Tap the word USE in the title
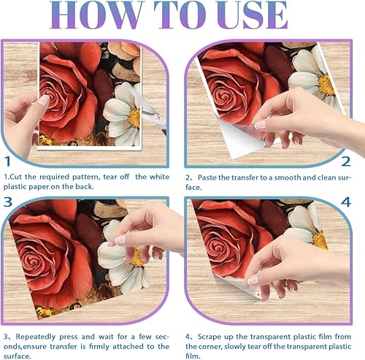click(x=252, y=15)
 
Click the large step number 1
click(x=8, y=161)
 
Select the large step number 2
click(x=346, y=161)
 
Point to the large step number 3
click(x=8, y=202)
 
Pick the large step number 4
click(x=346, y=202)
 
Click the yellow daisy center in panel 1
click(x=134, y=118)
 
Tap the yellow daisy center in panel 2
click(x=327, y=85)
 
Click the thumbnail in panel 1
click(x=44, y=101)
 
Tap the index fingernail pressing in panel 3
click(x=120, y=240)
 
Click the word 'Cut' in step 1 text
click(x=16, y=177)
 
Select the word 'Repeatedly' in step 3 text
click(x=36, y=337)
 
